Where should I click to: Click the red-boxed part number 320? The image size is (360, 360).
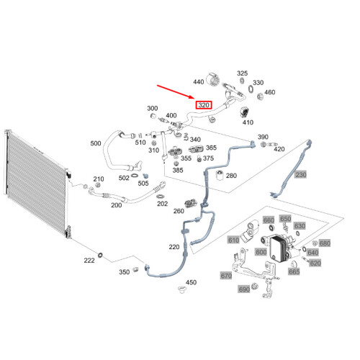204,105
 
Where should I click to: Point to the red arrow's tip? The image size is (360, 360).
194,98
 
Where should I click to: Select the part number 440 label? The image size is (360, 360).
199,82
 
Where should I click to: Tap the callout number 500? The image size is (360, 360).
96,143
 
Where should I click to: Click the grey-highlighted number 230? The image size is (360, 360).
301,174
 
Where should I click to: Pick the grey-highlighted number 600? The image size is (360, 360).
261,252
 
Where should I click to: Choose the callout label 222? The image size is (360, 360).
89,261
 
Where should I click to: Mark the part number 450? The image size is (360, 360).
191,282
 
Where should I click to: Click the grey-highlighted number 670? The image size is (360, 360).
226,276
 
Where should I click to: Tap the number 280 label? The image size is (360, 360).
231,176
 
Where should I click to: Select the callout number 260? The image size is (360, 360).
179,211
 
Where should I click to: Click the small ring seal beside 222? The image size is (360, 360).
100,255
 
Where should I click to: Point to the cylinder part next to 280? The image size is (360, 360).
220,175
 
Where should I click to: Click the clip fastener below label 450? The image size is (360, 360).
182,289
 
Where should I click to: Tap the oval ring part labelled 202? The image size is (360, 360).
160,197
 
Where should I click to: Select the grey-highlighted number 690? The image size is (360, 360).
244,289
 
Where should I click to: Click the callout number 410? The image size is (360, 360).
248,122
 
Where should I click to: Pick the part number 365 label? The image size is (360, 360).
211,148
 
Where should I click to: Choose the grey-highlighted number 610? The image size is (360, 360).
233,240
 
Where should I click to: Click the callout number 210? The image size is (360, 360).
99,179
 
